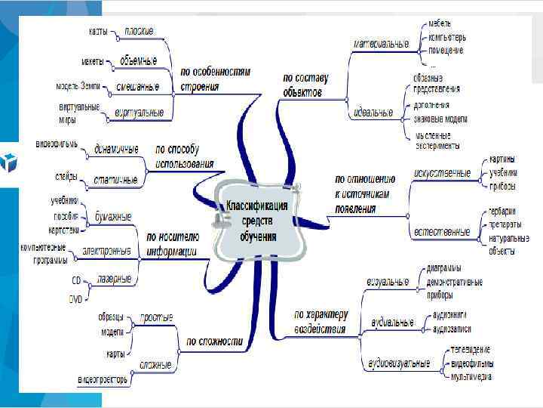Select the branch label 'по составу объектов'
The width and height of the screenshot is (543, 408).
tap(302, 84)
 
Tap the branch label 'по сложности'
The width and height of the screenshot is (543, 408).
tap(214, 342)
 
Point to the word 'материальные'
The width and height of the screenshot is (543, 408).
tap(382, 44)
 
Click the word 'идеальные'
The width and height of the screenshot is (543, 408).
tap(373, 113)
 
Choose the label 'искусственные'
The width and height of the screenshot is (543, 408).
tap(443, 173)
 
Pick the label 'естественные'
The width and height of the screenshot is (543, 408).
tap(442, 231)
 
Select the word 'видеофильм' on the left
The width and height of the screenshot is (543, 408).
tap(57, 143)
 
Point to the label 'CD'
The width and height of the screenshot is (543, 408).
tap(75, 280)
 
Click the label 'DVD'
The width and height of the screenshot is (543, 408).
tap(75, 299)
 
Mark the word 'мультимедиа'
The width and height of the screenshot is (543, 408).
tap(471, 376)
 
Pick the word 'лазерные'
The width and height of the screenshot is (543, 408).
tap(115, 279)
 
